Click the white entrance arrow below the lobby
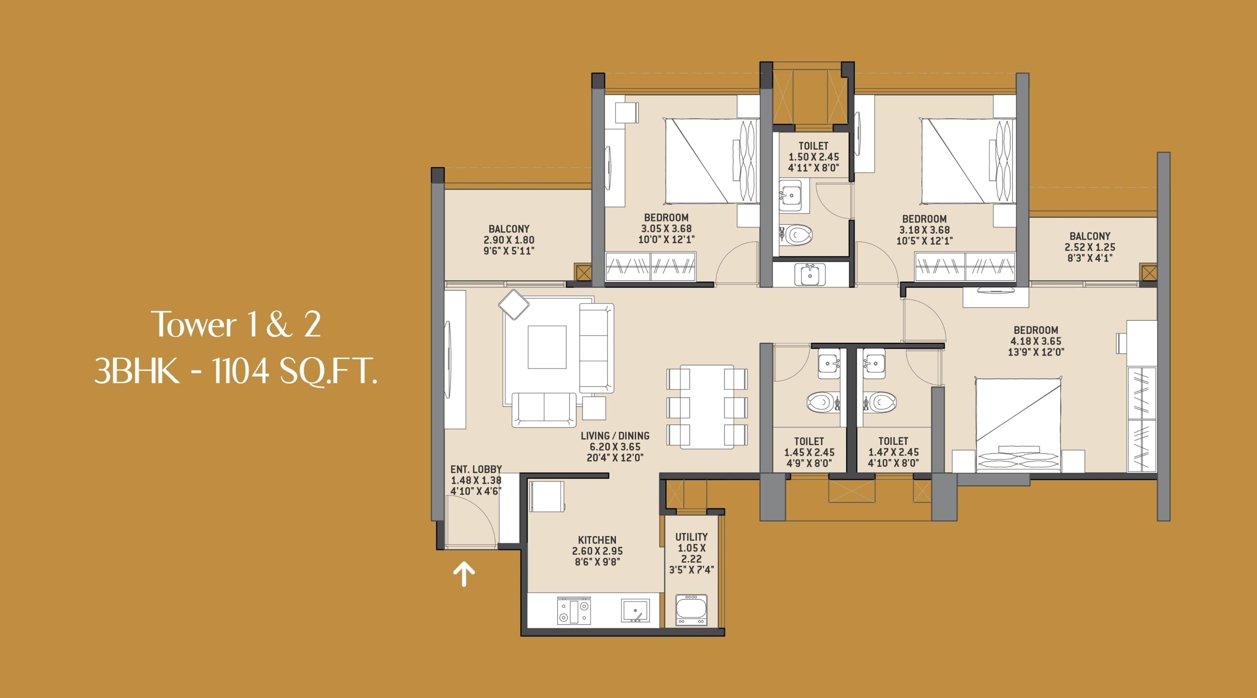(x=464, y=574)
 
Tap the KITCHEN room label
(x=597, y=540)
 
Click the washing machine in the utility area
(x=691, y=610)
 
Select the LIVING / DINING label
(x=615, y=436)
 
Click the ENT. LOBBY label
(x=476, y=469)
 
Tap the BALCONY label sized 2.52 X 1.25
(x=1090, y=236)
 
